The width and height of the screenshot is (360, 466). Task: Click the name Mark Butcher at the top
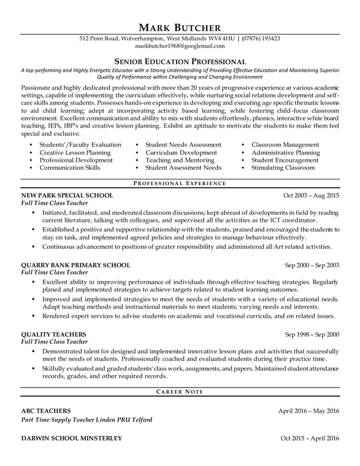click(180, 27)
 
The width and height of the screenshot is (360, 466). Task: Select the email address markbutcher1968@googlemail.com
click(180, 46)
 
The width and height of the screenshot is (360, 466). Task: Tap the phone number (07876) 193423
click(261, 39)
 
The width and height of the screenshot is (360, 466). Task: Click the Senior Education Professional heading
click(180, 61)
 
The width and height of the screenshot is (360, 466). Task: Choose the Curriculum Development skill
click(181, 153)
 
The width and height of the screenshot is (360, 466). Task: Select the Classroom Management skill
click(286, 145)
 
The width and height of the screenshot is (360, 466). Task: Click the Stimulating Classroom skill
click(283, 168)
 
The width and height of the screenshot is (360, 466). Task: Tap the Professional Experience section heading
click(180, 183)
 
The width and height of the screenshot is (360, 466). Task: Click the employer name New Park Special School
click(67, 196)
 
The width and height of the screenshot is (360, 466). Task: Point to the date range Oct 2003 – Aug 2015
click(311, 196)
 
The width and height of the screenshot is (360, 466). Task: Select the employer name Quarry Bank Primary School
click(76, 265)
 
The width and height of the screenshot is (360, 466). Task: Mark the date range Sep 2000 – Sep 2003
click(312, 265)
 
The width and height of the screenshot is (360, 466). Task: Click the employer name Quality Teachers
click(54, 334)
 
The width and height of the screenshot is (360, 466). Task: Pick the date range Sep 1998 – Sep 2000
click(312, 334)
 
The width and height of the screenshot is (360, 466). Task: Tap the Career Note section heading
click(180, 392)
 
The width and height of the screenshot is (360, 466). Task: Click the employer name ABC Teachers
click(46, 411)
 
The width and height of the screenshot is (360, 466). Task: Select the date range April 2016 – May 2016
click(309, 411)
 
